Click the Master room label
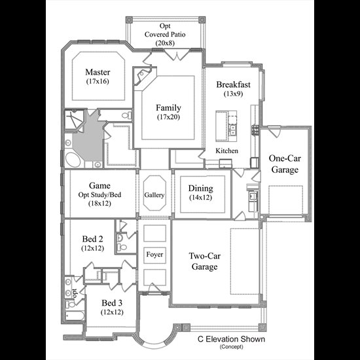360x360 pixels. pos(98,72)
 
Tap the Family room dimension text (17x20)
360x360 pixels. pos(168,117)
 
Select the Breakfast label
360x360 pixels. pos(233,84)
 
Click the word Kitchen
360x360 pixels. pos(227,151)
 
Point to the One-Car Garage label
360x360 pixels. pos(285,164)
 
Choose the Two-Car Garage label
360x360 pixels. pos(205,261)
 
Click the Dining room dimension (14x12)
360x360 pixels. pos(201,198)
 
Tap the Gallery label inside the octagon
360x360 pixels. pos(154,195)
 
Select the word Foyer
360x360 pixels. pos(154,255)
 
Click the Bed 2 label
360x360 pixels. pos(92,239)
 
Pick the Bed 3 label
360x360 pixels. pos(112,303)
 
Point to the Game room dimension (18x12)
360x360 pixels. pos(99,204)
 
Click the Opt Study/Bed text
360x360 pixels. pos(99,195)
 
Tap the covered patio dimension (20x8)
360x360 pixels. pos(165,43)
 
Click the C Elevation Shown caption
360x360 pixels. pos(231,339)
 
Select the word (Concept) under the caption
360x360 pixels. pos(231,347)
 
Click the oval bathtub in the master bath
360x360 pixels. pos(73,160)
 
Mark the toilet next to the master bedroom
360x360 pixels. pos(127,115)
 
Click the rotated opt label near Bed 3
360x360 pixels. pos(75,293)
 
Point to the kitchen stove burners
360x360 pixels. pos(255,130)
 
